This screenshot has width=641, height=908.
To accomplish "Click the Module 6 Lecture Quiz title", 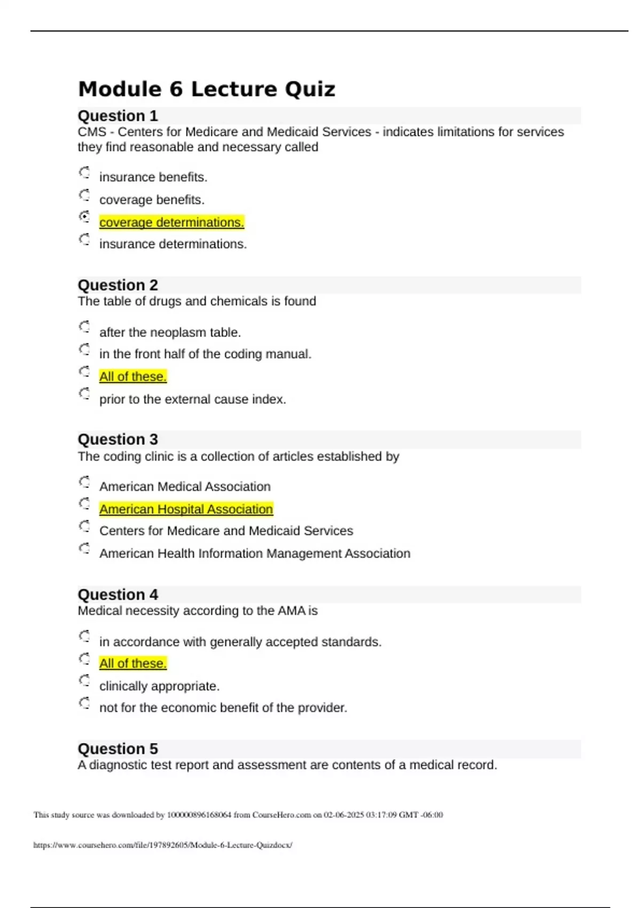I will [206, 89].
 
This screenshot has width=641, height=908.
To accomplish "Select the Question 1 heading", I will [118, 116].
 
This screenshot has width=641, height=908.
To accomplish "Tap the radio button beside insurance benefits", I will [84, 173].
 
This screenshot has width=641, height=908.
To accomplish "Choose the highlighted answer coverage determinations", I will [171, 222].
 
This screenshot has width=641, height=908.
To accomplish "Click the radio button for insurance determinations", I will [84, 239].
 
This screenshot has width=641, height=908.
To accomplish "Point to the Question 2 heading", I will [118, 285].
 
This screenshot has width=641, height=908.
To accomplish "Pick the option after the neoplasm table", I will [170, 332].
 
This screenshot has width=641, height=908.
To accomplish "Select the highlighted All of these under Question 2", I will [133, 377].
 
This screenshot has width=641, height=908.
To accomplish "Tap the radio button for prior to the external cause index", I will [84, 394].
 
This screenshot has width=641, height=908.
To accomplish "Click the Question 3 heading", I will [118, 440].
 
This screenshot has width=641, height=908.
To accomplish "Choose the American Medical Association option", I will [185, 487].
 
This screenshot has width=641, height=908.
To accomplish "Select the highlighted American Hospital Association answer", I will [186, 509].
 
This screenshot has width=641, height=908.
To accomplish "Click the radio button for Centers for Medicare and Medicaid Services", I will [84, 527].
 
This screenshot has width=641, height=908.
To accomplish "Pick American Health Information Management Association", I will [255, 553].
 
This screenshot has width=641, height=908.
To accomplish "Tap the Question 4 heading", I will [118, 594].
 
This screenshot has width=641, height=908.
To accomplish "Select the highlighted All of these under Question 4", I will [133, 663].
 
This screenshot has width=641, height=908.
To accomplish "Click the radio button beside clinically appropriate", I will [84, 681].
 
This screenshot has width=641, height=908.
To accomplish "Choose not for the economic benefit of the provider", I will [223, 708].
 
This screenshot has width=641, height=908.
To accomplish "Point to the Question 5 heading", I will [118, 749].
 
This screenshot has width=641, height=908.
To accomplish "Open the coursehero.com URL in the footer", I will [162, 845].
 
